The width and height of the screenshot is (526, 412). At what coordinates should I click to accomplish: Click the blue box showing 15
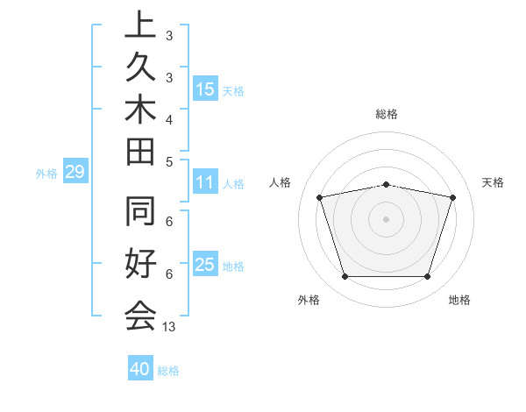[x=205, y=89]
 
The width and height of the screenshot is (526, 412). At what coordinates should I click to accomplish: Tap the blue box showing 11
[x=205, y=183]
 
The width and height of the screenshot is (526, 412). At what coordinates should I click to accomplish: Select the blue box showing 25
[x=205, y=265]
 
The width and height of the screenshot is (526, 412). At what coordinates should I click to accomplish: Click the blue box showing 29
[x=75, y=173]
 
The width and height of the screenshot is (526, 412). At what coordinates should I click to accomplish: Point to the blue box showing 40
[x=140, y=369]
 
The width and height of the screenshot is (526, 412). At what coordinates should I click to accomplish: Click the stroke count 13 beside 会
[x=169, y=327]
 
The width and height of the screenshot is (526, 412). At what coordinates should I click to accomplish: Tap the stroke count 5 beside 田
[x=169, y=160]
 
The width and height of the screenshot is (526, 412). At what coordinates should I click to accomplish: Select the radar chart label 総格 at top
[x=387, y=114]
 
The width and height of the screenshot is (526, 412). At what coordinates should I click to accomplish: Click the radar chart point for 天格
[x=452, y=197]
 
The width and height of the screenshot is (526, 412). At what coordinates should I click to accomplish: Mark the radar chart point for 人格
[x=319, y=197]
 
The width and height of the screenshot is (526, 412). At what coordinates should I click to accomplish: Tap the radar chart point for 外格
[x=345, y=277]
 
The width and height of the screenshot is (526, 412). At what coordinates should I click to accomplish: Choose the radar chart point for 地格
[x=428, y=277]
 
